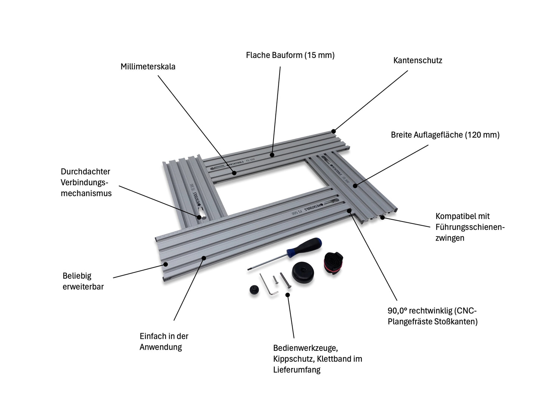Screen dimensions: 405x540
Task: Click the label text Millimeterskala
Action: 148,67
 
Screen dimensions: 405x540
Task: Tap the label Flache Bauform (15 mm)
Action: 290,55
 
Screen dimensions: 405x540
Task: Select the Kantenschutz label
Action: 417,60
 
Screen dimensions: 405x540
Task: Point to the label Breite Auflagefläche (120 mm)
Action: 445,135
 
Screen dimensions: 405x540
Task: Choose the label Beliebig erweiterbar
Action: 83,281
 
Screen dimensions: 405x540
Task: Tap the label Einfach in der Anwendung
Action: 164,341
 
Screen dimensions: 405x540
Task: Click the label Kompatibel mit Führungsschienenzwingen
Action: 470,227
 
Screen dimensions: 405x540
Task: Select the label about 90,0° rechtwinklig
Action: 432,316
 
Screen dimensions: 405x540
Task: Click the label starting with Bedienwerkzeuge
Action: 317,359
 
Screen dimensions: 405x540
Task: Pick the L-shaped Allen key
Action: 269,285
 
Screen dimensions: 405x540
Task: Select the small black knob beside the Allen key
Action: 253,290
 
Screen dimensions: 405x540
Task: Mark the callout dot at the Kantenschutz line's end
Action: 333,131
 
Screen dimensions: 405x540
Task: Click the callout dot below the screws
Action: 287,294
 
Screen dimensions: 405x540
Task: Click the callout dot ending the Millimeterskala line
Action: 234,173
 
